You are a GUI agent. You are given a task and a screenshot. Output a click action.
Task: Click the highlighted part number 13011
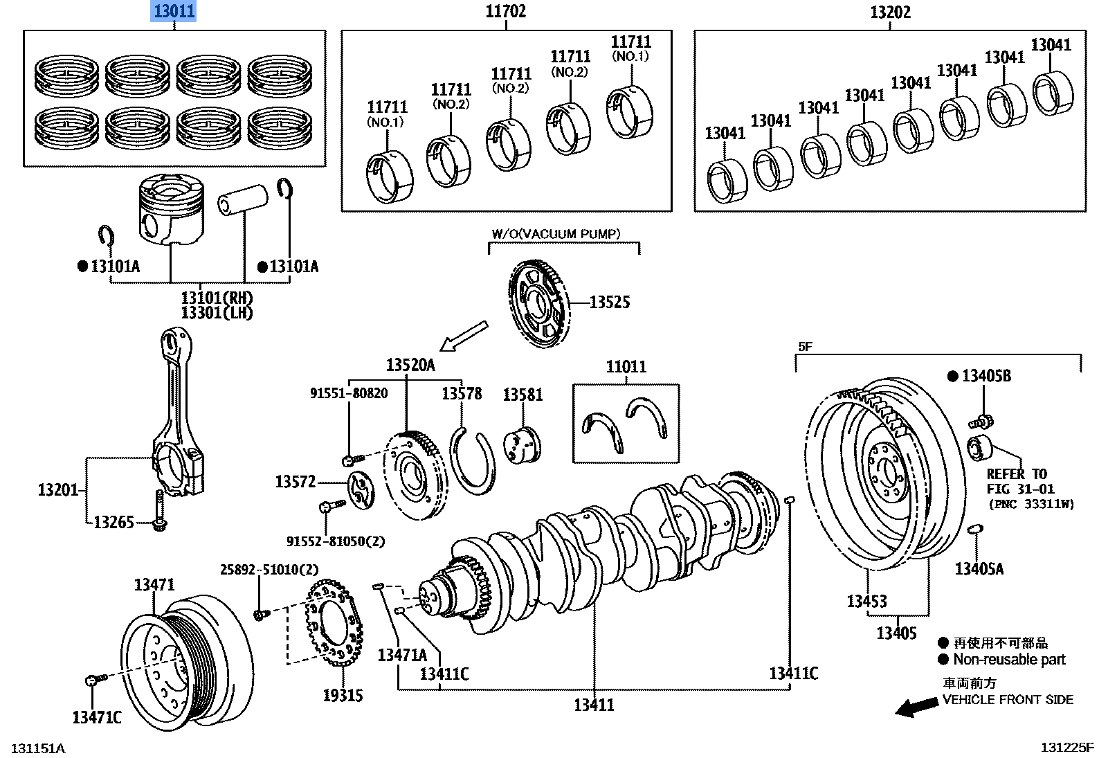point(174,11)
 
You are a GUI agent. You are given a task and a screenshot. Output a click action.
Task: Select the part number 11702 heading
point(505,11)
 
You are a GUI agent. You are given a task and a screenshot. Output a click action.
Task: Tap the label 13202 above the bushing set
point(890,12)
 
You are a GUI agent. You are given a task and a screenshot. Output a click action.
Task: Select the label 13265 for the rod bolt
point(113,522)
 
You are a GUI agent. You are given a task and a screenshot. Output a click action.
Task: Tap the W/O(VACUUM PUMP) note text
point(556,234)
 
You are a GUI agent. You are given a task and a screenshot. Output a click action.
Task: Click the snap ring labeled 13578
point(472,460)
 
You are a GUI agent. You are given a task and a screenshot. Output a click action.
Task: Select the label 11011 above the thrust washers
point(626,366)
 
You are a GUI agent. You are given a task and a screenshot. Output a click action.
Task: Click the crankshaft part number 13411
point(594,705)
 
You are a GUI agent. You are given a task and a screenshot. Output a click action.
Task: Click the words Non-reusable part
point(1009,660)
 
